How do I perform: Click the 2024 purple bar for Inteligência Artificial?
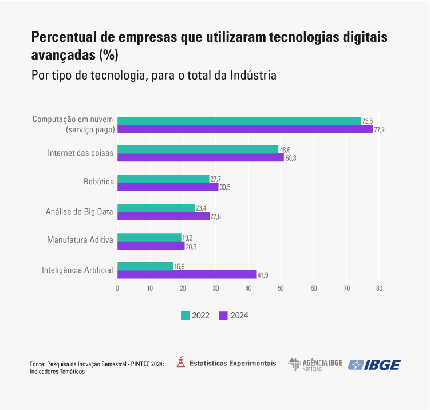(x=186, y=275)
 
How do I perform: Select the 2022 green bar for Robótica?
(x=163, y=179)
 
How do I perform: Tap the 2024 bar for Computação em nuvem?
(x=244, y=129)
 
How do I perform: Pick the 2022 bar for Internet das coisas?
(x=198, y=149)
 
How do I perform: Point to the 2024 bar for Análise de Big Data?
(x=163, y=216)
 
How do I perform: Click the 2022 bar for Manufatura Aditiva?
(x=149, y=237)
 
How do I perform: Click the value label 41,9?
(x=263, y=275)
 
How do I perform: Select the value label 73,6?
(x=368, y=121)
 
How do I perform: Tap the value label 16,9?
(x=179, y=266)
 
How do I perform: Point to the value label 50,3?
(x=291, y=159)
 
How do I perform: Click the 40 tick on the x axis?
(x=248, y=289)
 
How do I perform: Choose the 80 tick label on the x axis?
(x=379, y=289)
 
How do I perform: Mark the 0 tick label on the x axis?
(x=117, y=289)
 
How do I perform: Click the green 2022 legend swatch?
(x=185, y=315)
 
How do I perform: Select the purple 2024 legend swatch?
(x=223, y=315)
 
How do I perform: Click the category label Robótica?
(x=99, y=183)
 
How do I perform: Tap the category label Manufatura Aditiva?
(x=80, y=241)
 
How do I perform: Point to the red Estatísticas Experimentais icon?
(x=181, y=362)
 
